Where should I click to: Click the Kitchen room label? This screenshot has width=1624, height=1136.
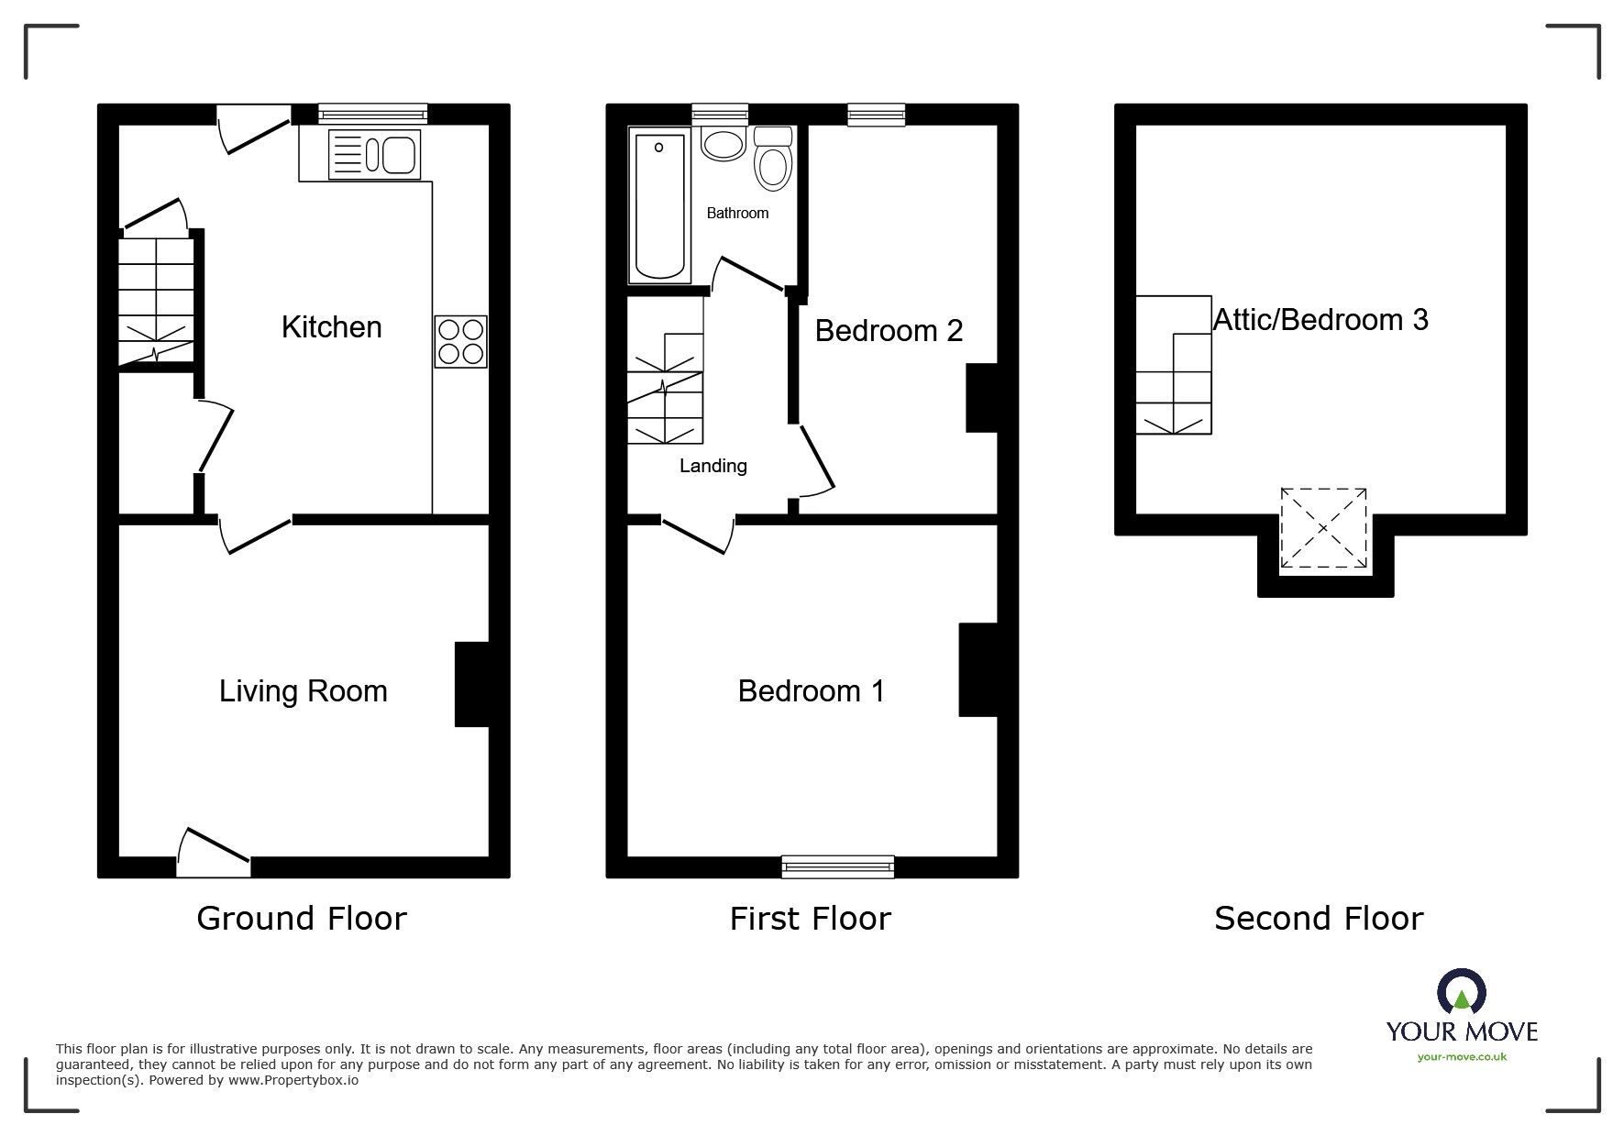tap(331, 327)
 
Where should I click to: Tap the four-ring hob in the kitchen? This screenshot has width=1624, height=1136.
tap(460, 342)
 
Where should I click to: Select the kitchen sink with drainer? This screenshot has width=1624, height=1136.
tap(373, 154)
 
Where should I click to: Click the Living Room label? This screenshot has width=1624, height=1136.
tap(303, 691)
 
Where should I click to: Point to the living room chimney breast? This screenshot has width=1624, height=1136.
tap(471, 684)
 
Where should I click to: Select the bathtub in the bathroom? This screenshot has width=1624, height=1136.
tap(659, 205)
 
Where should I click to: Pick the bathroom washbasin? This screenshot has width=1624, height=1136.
tap(724, 145)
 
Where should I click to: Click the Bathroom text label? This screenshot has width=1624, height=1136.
tap(737, 214)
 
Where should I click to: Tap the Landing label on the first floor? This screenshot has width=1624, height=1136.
tap(713, 467)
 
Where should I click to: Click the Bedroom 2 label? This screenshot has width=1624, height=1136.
tap(889, 331)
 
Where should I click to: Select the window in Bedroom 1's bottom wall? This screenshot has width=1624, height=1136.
tap(837, 866)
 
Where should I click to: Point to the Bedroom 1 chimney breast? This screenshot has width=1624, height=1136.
tap(978, 669)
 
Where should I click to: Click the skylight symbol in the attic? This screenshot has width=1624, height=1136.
tap(1323, 529)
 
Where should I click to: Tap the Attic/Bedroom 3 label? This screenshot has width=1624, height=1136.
tap(1320, 320)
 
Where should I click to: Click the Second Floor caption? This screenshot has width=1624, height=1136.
tap(1318, 919)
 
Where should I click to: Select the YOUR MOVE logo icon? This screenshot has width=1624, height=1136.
tap(1461, 993)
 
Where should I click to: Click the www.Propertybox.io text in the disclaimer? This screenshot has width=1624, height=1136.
tap(293, 1081)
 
